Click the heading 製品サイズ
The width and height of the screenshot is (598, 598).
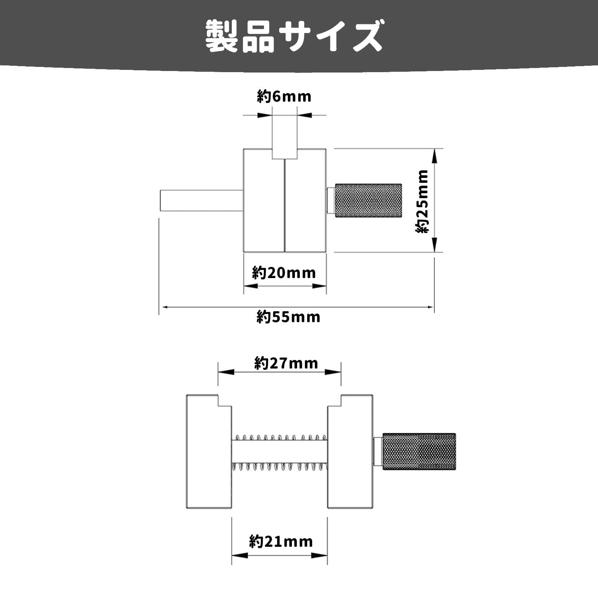tap(295, 36)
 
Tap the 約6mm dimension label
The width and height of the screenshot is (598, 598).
tap(284, 97)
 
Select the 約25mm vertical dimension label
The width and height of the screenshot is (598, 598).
tap(423, 201)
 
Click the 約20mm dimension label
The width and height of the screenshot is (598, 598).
tap(284, 273)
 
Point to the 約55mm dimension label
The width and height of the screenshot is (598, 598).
tap(289, 317)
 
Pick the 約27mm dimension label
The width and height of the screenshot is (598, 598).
tap(286, 363)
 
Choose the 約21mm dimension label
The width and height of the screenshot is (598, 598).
tap(281, 542)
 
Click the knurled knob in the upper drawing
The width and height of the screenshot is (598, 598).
tap(368, 200)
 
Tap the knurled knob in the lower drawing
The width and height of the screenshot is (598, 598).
tap(419, 452)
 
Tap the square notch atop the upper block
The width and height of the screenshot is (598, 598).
tap(284, 154)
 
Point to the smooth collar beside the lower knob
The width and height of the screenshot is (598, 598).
tap(378, 452)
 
